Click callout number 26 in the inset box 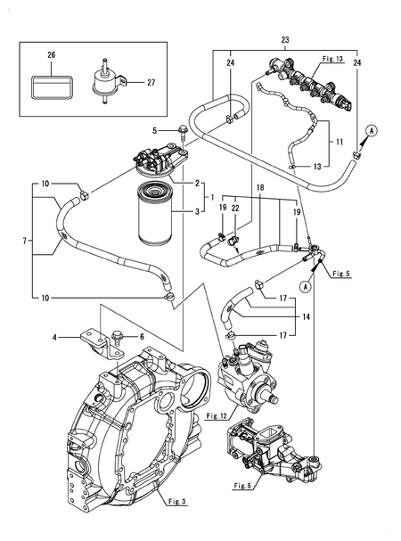(51, 56)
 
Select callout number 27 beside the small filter (151, 82)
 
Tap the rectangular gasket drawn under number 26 (52, 86)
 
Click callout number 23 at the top (284, 40)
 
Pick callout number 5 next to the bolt (154, 131)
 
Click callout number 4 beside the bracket (54, 338)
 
